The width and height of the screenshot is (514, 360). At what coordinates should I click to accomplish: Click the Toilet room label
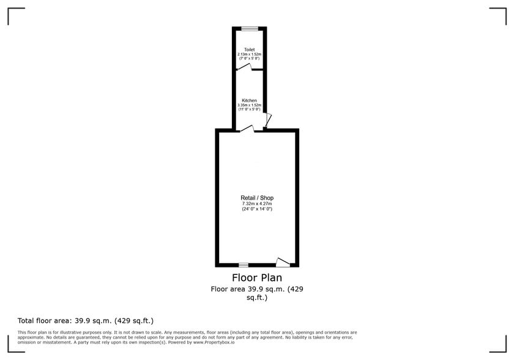pyautogui.click(x=250, y=50)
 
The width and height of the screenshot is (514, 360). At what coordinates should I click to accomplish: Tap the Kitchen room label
pyautogui.click(x=250, y=100)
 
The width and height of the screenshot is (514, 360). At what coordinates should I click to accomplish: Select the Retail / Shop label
pyautogui.click(x=257, y=198)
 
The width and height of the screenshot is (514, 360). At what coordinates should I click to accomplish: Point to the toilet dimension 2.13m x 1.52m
pyautogui.click(x=250, y=54)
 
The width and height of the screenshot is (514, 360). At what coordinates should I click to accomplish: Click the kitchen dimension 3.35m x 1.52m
pyautogui.click(x=250, y=105)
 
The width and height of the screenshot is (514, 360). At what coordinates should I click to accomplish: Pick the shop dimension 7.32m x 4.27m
pyautogui.click(x=257, y=204)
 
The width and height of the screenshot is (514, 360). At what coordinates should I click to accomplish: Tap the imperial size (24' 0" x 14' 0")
pyautogui.click(x=257, y=209)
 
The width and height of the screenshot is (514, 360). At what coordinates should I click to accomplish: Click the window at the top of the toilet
pyautogui.click(x=250, y=29)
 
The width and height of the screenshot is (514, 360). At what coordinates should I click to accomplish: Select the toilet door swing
pyautogui.click(x=244, y=67)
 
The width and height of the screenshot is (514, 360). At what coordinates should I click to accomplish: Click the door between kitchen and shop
pyautogui.click(x=247, y=129)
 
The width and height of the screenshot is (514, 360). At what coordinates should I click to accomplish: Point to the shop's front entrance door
pyautogui.click(x=283, y=262)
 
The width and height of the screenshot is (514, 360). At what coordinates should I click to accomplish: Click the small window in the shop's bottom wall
pyautogui.click(x=244, y=265)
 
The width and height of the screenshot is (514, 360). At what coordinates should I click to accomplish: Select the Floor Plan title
pyautogui.click(x=257, y=278)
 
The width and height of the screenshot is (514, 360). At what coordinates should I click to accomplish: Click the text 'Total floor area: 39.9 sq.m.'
pyautogui.click(x=65, y=321)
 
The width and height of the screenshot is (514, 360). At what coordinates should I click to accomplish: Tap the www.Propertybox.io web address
pyautogui.click(x=214, y=342)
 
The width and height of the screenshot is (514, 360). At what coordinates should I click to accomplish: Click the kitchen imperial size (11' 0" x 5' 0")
pyautogui.click(x=250, y=109)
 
